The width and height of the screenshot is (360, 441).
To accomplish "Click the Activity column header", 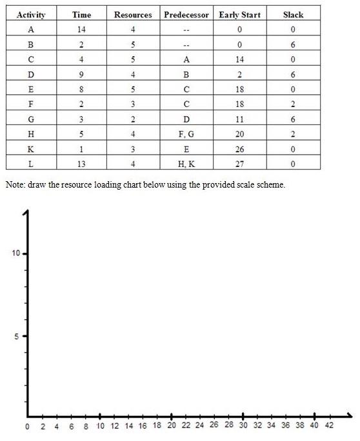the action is [x=31, y=14].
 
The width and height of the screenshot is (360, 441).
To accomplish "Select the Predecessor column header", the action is [x=186, y=14].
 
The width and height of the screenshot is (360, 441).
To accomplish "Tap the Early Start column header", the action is [x=239, y=14].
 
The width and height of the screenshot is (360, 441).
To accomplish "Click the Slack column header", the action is [x=293, y=14].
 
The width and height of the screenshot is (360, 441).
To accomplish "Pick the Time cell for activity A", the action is [x=82, y=29].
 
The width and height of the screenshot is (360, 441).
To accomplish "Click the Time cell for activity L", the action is [x=82, y=164].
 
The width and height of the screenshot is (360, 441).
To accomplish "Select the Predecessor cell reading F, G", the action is [x=186, y=134].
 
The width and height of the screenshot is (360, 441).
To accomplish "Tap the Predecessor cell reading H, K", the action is [x=186, y=164].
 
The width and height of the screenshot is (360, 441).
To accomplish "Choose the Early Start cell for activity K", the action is [x=239, y=149].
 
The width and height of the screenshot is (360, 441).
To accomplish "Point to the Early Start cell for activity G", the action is [x=239, y=119].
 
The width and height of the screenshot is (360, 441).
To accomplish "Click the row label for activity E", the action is [x=31, y=89].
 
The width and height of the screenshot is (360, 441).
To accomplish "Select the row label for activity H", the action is [x=31, y=134].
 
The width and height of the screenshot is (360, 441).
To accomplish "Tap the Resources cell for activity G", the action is [x=133, y=119].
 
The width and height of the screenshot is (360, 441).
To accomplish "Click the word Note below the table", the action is [x=15, y=184].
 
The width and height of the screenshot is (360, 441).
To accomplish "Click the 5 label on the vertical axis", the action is [x=17, y=336].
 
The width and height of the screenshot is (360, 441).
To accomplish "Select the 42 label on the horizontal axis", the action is [x=328, y=426].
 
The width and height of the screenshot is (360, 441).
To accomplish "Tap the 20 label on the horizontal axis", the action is [x=171, y=426].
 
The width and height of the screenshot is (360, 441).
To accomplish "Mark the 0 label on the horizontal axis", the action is [x=27, y=427].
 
